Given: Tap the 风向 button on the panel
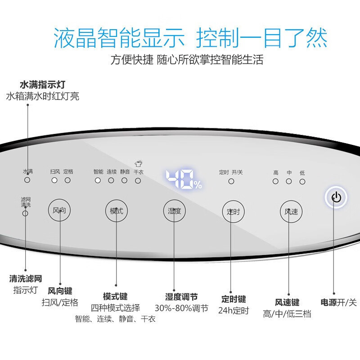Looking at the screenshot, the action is pos(60,210).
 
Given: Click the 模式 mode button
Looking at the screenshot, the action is pos(117,210).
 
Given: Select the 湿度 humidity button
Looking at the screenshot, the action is pos(174,211).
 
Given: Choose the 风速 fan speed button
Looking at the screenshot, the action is pos(291,211).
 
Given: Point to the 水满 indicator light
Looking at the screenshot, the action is pos(27,180).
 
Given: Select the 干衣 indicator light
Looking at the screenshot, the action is pos(138,180).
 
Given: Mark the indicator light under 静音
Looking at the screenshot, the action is pos(124,180).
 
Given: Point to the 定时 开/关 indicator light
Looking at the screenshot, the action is pos(231,181).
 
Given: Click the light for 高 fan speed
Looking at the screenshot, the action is pos(275,181).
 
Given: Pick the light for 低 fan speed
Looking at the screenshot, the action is pos(302,181).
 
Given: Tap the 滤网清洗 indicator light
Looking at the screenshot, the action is pos(25,213).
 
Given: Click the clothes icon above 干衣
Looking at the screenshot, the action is pos(138,164).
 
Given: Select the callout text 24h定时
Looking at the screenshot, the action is pos(234,310).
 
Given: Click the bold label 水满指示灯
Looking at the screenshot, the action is pos(44,84).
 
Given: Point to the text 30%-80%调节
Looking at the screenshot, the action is pos(181,308).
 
